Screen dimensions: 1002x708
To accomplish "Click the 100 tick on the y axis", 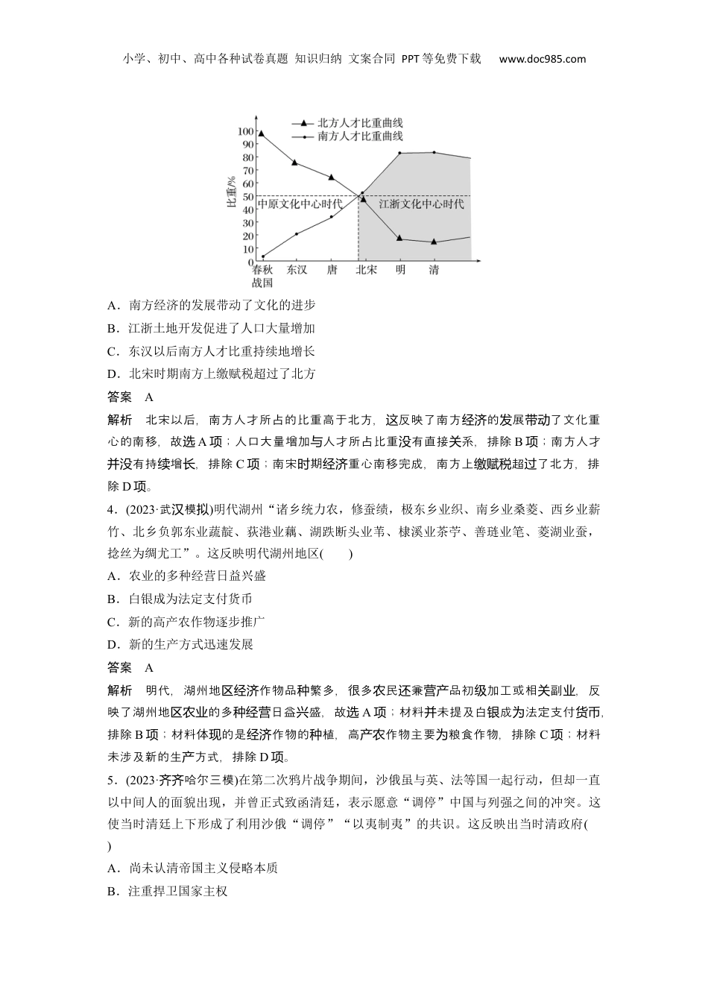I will [x=245, y=131].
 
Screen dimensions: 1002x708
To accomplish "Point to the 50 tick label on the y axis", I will [x=247, y=197].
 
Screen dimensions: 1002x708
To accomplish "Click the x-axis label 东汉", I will [x=297, y=270].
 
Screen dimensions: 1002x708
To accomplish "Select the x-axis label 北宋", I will [x=366, y=270].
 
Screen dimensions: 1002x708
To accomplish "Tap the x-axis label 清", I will [x=434, y=270].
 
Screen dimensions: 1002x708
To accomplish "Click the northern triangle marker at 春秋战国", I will [x=261, y=133].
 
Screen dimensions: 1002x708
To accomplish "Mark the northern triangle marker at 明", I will [x=399, y=238].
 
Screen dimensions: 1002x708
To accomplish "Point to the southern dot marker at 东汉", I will [x=297, y=234].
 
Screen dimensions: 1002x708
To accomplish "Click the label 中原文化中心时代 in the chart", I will [x=300, y=204].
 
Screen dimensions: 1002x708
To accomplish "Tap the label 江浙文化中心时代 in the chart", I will [x=421, y=204].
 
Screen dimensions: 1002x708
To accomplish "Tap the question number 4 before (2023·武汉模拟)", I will [x=111, y=510].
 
